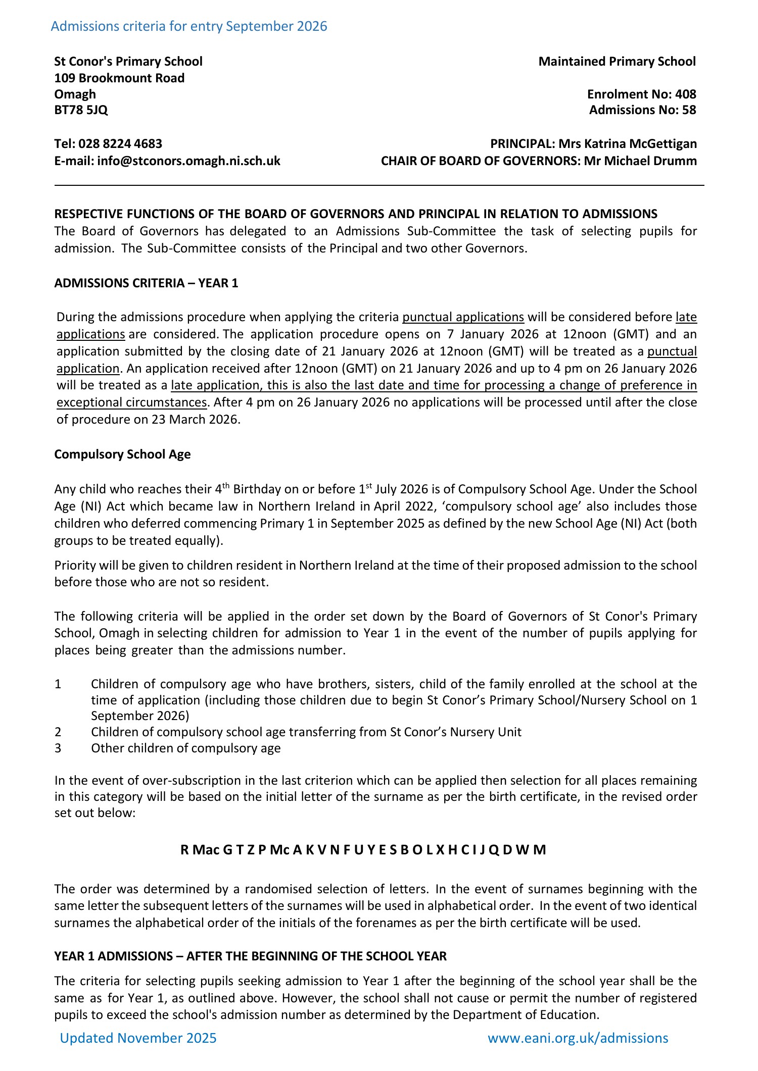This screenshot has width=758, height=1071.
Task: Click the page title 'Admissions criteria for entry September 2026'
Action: point(189,26)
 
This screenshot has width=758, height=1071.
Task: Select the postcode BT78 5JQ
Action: point(81,110)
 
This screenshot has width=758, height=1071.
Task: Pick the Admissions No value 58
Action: point(689,110)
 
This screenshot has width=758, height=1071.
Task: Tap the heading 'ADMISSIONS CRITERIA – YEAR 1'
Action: point(146,283)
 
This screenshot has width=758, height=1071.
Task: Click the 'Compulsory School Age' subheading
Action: point(122,454)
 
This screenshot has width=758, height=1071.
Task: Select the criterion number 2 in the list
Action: point(58,732)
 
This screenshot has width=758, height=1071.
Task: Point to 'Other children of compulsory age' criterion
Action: point(185,748)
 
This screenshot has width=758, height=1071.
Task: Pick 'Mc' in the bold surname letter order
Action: point(279,850)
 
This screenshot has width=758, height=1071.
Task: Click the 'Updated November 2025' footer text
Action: point(138,1038)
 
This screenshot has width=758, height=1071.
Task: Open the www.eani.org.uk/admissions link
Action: point(578,1039)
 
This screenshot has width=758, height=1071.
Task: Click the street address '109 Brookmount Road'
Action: point(119,78)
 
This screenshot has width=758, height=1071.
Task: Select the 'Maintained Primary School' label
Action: point(617,62)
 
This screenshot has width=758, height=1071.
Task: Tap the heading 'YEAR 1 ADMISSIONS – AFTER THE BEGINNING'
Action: point(250,956)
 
